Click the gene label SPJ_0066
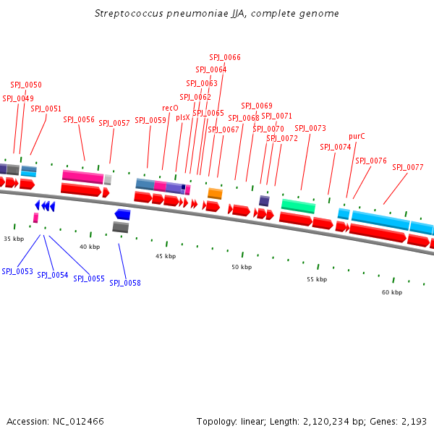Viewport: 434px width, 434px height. pos(225,57)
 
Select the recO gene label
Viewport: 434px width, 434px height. pos(170,108)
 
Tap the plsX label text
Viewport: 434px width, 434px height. pos(183,117)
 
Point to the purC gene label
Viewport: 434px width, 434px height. pos(357,136)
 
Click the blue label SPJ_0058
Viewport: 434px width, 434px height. pos(125,283)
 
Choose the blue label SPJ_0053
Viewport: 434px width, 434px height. pos(17,271)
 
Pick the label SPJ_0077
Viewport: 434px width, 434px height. pos(408,167)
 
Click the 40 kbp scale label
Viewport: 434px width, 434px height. pos(90,247)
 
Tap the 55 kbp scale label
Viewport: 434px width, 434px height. pos(316,279)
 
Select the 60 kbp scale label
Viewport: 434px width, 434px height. pos(392,292)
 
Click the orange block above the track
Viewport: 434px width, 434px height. pos(215,193)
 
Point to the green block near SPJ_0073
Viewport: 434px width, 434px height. pos(298,206)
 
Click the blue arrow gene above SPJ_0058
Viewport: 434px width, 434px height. pos(122,214)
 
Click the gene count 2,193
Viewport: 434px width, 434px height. pos(414,421)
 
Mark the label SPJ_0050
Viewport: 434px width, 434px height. pos(26,85)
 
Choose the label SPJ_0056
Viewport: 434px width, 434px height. pos(79,120)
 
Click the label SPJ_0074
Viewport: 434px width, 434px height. pos(336,147)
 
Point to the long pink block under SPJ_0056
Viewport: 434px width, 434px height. pos(82,176)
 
